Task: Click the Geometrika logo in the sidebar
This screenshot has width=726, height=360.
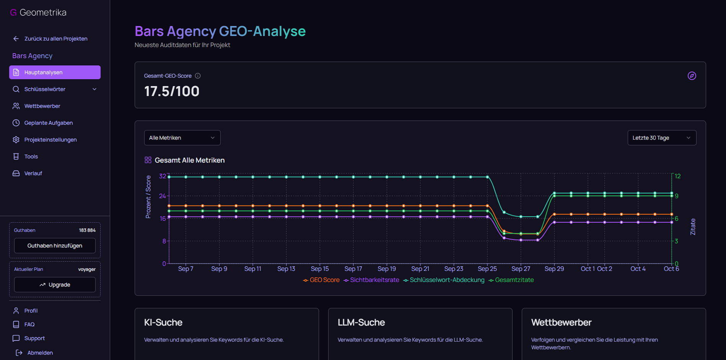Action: (38, 13)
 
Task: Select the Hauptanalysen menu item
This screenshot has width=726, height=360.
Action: (55, 72)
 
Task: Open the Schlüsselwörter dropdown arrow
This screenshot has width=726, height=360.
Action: (94, 89)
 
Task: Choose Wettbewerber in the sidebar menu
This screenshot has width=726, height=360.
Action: (42, 106)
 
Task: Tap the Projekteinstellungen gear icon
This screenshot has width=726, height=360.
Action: (16, 140)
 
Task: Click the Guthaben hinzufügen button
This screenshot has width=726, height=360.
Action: (55, 246)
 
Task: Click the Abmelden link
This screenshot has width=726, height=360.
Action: (40, 353)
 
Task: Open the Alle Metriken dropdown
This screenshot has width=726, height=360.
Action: (182, 138)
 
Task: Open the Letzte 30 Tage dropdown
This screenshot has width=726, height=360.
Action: (661, 138)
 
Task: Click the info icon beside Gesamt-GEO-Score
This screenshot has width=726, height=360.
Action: (198, 76)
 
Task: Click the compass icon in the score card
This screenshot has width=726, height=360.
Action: (692, 76)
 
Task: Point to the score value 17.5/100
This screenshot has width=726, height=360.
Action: (172, 91)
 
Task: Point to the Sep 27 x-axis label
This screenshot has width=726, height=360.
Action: (521, 269)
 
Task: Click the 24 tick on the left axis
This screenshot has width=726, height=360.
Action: (163, 196)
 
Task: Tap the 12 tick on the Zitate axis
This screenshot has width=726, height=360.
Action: (677, 176)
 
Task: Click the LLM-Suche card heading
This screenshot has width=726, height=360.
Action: (361, 323)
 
